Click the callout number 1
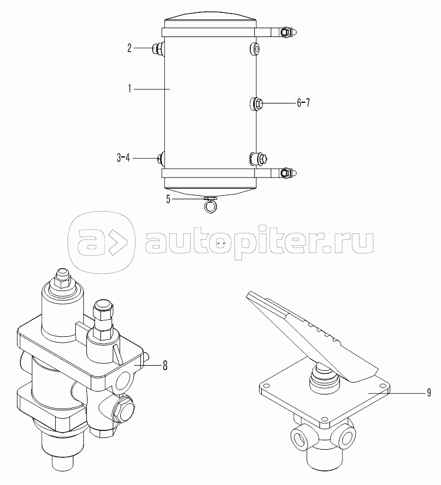coord(130,89)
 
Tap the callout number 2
coord(130,48)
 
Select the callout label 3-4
coord(123,158)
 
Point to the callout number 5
coord(168,199)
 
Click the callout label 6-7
coord(303,103)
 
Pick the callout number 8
coord(165,366)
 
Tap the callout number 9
coord(429,393)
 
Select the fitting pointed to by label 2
coord(159,49)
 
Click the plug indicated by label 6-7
coord(256,103)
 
